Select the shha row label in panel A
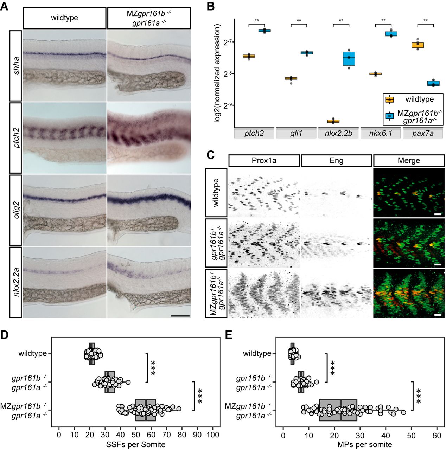coord(16,65)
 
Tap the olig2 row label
coord(16,210)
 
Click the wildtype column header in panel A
coord(64,18)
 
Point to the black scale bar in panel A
coord(180,316)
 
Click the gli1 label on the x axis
coord(296,134)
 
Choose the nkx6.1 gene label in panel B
coord(381,134)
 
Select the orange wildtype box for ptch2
coord(249,56)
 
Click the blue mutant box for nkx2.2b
coord(349,59)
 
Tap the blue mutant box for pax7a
coord(433,83)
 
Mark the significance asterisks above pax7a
coord(425,21)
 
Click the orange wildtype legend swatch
coord(389,99)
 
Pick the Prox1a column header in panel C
coord(264,161)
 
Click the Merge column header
coord(409,161)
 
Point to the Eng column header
coord(337,161)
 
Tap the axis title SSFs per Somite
coord(135,444)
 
